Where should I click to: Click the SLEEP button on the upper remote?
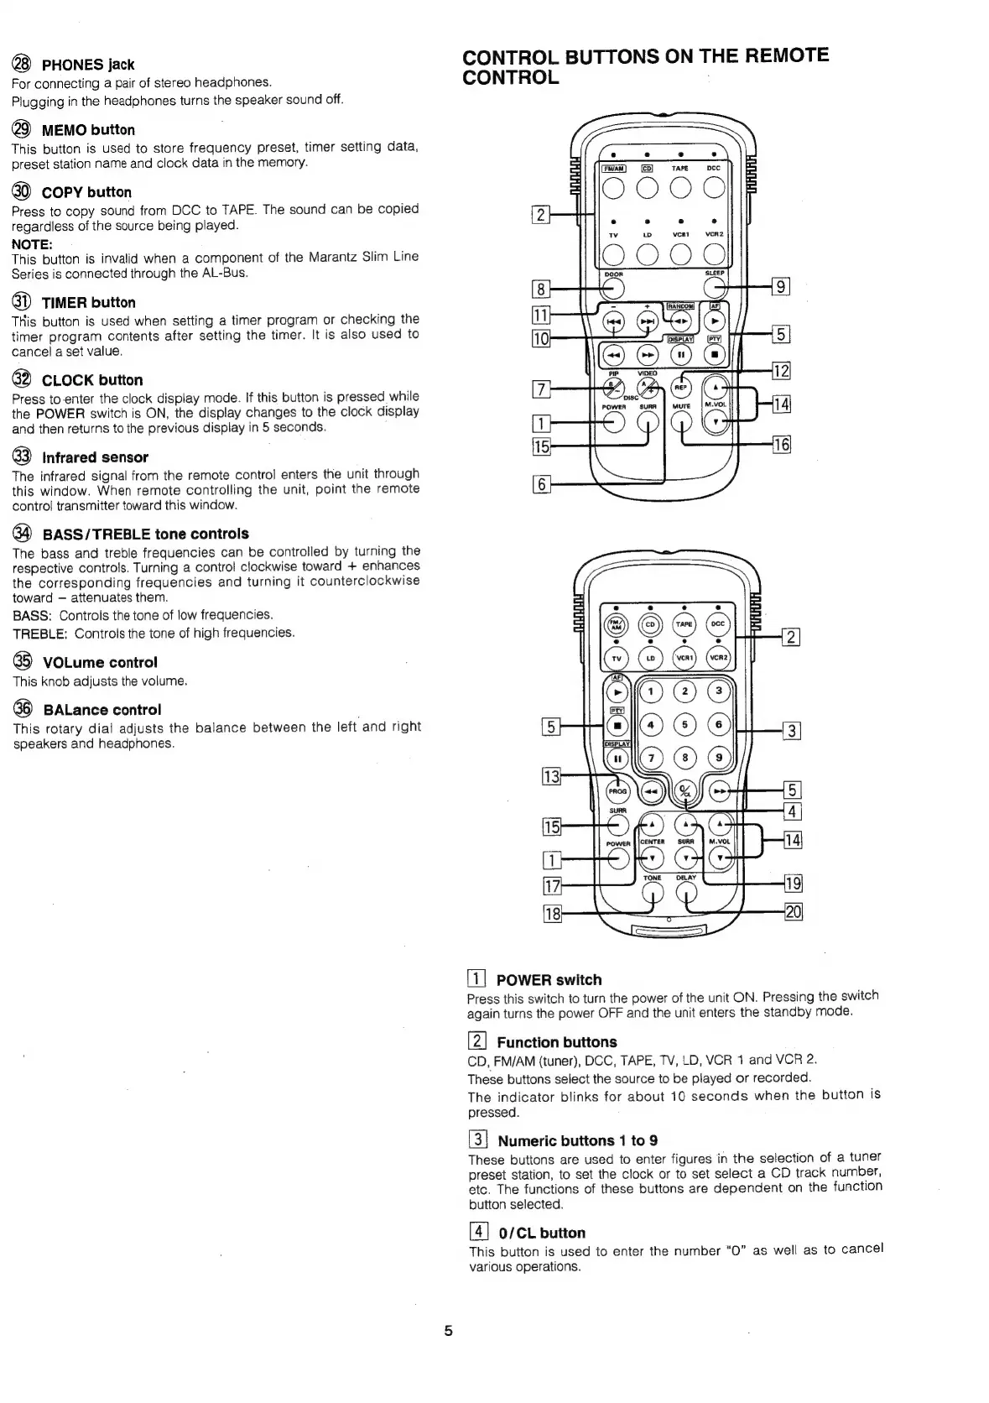point(716,288)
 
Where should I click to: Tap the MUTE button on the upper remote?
point(682,423)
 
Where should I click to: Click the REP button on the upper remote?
point(682,388)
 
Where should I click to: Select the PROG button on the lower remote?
point(618,790)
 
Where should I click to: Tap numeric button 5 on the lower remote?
point(685,725)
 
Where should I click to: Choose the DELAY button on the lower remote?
point(686,895)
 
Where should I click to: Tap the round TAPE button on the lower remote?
point(684,624)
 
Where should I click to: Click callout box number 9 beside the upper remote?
point(780,287)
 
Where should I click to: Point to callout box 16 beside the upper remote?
point(780,445)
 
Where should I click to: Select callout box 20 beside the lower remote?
point(793,912)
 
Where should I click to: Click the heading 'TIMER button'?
point(88,303)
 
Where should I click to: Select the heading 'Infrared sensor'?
point(95,457)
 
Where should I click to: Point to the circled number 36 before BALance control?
point(23,709)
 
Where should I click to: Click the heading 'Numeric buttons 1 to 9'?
point(577,1141)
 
